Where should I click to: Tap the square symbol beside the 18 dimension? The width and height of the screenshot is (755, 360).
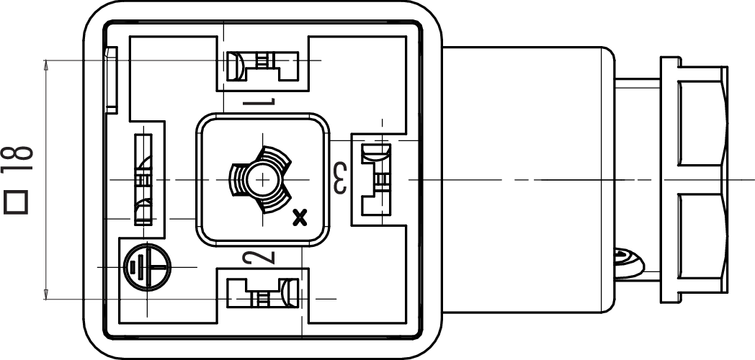[17, 202]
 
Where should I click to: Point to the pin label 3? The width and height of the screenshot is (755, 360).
[339, 177]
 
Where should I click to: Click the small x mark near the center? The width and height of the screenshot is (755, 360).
[300, 215]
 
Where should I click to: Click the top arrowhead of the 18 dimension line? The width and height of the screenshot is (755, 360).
[47, 65]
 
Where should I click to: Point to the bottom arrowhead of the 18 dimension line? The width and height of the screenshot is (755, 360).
[47, 293]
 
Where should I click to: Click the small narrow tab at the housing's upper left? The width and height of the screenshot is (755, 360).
[111, 79]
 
